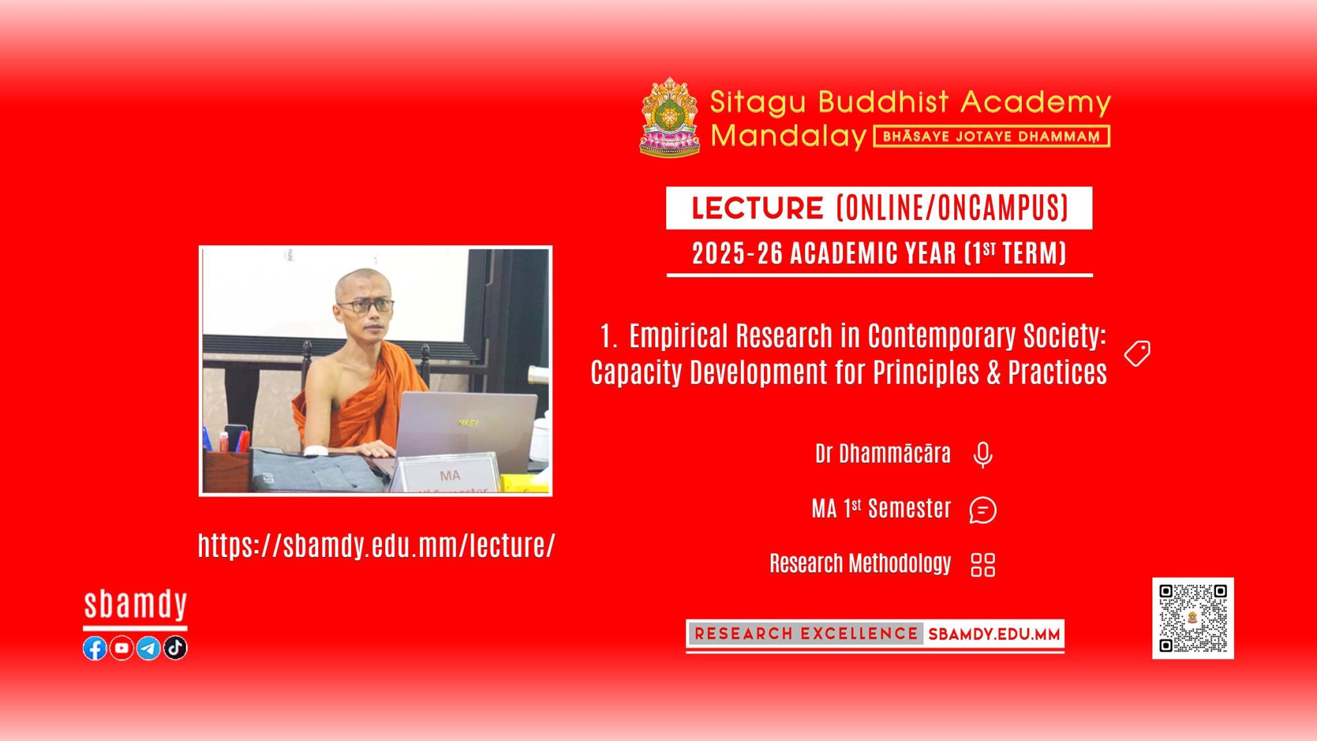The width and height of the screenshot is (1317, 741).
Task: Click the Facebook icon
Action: [95, 648]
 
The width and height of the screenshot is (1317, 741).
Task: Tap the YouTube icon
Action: [122, 648]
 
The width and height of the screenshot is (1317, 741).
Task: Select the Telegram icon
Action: [149, 648]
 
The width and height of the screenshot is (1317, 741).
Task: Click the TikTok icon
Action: [176, 648]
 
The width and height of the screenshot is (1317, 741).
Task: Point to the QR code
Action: [1193, 618]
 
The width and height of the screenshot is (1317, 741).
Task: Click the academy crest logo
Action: [669, 117]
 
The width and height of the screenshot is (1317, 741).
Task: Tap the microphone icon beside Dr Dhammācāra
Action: [983, 455]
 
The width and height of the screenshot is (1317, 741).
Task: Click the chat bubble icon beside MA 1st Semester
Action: [983, 510]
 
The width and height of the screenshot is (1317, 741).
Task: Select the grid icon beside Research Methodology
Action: [983, 565]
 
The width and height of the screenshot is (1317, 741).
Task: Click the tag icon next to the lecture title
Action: [1137, 354]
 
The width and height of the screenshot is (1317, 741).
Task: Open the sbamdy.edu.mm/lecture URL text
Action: [376, 545]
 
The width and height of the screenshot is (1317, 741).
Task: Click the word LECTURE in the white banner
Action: [758, 208]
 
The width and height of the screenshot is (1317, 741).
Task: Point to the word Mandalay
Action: [788, 136]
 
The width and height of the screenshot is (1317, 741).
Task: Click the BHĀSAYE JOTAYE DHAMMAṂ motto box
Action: [992, 136]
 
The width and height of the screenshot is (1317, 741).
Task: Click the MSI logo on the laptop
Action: [468, 423]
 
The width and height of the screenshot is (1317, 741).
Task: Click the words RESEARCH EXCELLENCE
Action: [806, 634]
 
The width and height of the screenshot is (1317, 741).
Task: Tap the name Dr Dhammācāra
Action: [883, 453]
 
